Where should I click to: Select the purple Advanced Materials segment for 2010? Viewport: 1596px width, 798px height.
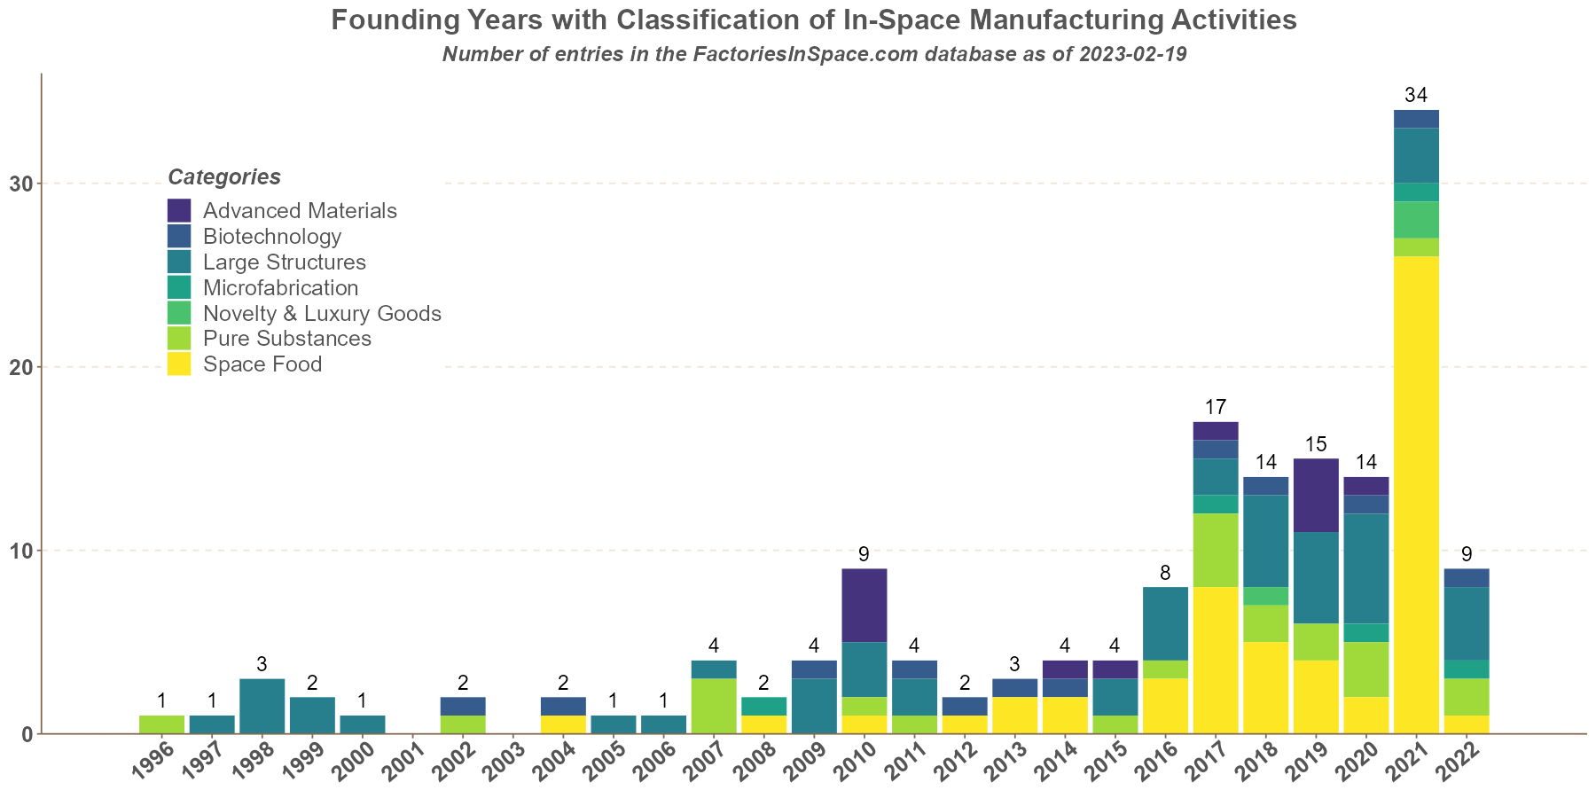[864, 605]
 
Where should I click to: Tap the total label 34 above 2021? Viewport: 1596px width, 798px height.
[1416, 95]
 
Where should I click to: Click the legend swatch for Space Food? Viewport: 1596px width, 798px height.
[179, 364]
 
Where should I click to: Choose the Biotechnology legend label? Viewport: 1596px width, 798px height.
[271, 237]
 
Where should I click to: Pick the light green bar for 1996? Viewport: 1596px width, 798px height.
[162, 724]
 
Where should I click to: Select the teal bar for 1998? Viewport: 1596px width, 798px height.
[262, 706]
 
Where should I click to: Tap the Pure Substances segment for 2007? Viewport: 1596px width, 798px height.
[714, 706]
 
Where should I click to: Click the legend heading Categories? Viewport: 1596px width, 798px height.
[224, 177]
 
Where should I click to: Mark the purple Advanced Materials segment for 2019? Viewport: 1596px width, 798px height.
[1316, 495]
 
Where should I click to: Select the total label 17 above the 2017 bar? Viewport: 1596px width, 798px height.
[1216, 407]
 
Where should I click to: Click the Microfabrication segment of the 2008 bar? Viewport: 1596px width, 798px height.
[764, 706]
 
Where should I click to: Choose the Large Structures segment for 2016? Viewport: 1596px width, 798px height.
[1165, 623]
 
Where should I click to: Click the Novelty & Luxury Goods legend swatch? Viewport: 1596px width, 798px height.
[179, 313]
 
